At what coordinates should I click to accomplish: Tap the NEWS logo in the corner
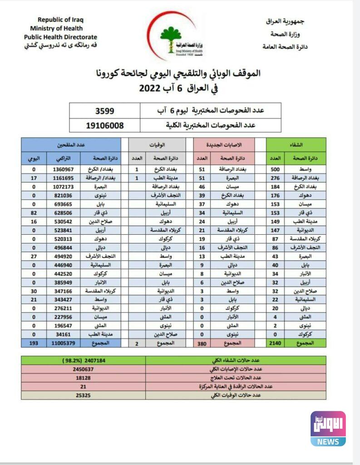328,429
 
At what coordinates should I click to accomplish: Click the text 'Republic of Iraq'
60,20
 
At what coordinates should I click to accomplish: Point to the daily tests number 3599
104,111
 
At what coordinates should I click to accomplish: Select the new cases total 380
202,344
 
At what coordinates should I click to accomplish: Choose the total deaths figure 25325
83,396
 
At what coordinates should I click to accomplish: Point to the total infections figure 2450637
83,369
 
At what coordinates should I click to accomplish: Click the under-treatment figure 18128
83,378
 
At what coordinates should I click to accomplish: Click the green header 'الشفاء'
296,144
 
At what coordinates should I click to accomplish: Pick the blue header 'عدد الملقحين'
71,144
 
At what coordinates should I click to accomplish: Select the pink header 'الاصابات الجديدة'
224,144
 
